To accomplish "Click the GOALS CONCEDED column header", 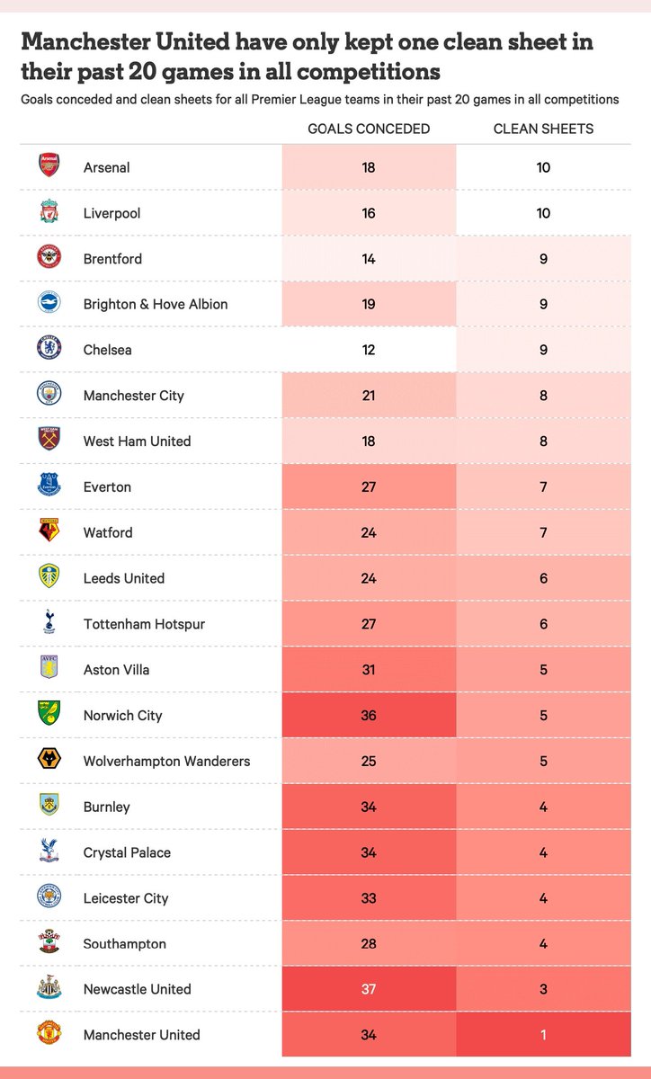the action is click(369, 129).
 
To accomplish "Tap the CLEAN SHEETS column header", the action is click(543, 129).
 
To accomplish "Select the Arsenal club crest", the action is click(49, 165).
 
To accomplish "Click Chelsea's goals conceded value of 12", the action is click(369, 350).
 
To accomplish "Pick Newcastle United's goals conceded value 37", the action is click(369, 989).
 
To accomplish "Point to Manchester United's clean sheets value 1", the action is click(543, 1035).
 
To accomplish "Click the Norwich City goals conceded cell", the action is click(369, 716).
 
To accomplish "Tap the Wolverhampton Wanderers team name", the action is click(166, 761).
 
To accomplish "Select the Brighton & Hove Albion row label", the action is click(156, 304).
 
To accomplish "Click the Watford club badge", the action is click(49, 530).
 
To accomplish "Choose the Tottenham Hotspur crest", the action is click(49, 621).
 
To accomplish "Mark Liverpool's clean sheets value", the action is click(543, 213).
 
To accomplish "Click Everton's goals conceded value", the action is click(369, 487).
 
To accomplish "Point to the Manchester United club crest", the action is click(49, 1032).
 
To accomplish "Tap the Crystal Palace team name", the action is click(127, 852).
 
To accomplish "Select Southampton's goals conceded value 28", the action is click(369, 943).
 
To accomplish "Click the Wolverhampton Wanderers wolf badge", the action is click(49, 759).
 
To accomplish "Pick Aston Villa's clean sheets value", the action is click(543, 670).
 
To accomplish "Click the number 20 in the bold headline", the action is click(143, 72).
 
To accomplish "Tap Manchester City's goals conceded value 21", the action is click(369, 396).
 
